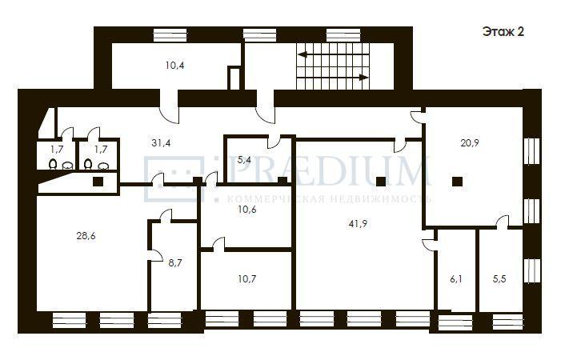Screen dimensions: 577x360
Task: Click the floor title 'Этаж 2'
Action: click(503, 32)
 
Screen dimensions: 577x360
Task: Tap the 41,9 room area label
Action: click(358, 223)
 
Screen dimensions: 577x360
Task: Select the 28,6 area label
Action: click(86, 236)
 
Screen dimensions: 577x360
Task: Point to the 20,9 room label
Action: click(470, 142)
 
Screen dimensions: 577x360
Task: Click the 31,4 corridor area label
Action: click(161, 142)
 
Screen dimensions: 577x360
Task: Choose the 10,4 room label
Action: click(174, 66)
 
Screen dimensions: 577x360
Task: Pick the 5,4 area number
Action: click(244, 160)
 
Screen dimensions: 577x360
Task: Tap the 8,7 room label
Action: click(174, 263)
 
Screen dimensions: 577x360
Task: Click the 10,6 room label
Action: click(247, 210)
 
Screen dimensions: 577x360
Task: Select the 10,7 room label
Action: click(247, 278)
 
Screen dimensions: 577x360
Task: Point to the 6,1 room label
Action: click(455, 279)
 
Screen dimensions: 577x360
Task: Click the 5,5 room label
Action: click(499, 279)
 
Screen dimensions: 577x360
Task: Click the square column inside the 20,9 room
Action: click(458, 182)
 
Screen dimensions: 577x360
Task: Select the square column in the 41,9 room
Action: click(381, 182)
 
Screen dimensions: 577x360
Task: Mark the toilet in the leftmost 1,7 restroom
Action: click(53, 164)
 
